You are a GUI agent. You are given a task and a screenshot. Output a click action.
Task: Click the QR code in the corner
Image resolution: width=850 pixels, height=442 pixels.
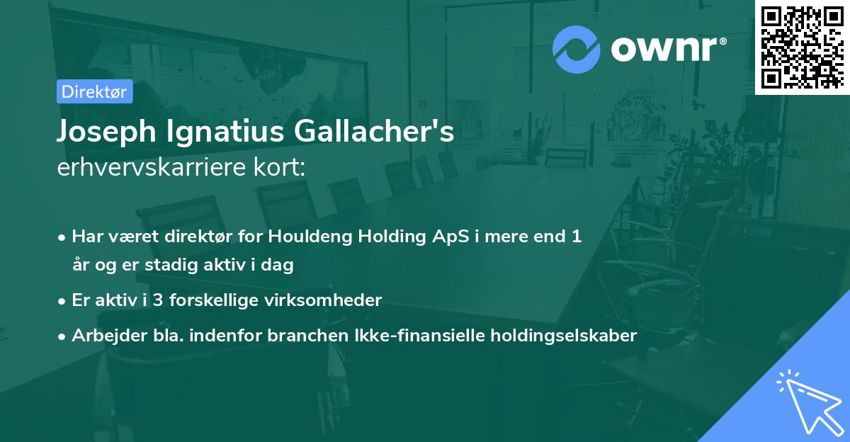(x=803, y=47)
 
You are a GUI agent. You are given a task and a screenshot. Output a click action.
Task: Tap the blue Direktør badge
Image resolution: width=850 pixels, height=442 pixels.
(x=94, y=91)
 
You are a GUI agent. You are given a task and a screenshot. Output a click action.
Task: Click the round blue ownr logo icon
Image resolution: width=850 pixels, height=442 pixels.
(x=577, y=50)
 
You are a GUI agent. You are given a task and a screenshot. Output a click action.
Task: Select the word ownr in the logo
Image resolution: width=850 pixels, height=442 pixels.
(x=666, y=50)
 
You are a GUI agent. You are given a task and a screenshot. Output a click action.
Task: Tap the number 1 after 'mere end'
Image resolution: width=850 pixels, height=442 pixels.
(x=577, y=237)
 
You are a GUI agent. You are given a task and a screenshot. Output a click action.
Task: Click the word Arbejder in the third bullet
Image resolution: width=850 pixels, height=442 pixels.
(x=101, y=336)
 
